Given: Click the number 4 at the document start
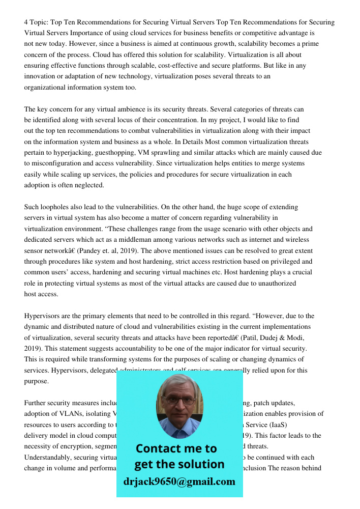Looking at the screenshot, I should click(26, 22).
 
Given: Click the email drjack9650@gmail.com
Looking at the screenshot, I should click(179, 482).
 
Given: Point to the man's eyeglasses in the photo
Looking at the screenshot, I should click(178, 400).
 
